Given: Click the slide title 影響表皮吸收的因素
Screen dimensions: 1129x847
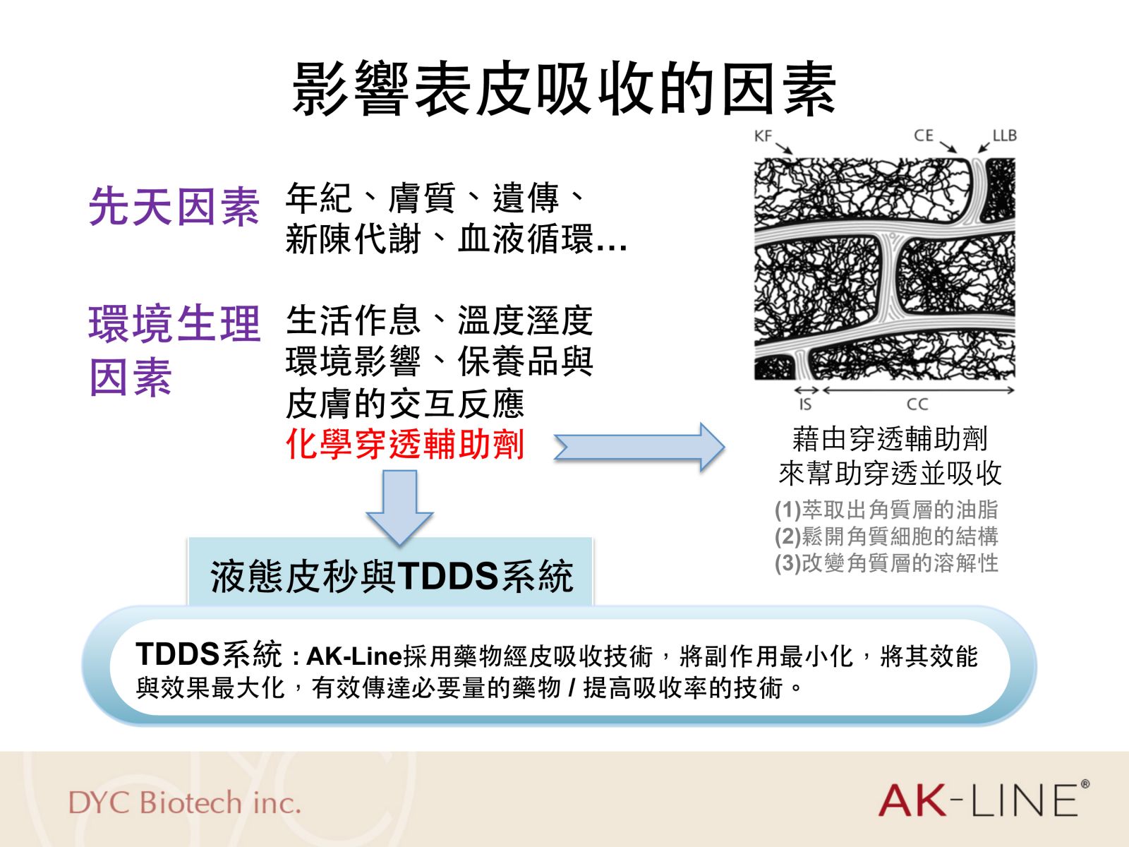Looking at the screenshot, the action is (564, 88).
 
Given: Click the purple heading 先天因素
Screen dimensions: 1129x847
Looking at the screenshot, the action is (174, 206).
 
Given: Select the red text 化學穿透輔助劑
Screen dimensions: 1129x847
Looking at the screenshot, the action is (405, 444).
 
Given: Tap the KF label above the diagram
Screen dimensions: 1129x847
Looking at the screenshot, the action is (763, 136).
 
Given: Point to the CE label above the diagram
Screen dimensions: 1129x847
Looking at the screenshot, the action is (923, 136).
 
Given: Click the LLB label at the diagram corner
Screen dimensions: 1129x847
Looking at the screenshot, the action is (1005, 136).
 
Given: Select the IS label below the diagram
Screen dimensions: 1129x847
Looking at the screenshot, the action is (806, 404).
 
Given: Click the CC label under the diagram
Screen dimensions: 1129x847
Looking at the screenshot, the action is (917, 404).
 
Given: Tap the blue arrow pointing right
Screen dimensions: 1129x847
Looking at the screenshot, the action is (639, 446).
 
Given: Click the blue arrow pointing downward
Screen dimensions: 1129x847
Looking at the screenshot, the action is (400, 507).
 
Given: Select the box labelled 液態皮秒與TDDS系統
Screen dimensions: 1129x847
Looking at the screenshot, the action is (391, 572).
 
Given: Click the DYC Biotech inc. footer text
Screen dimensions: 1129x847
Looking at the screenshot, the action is (185, 803).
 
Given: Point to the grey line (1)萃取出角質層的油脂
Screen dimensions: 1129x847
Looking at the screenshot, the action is (886, 510).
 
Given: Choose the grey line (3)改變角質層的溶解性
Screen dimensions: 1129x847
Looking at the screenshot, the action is (886, 563).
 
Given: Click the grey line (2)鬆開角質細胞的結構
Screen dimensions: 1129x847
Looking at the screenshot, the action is (886, 536).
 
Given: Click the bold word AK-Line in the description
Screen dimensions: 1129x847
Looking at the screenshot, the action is (354, 656).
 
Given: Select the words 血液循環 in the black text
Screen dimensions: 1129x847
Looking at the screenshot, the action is (526, 239).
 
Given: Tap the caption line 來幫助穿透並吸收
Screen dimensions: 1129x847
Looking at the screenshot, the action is (890, 473).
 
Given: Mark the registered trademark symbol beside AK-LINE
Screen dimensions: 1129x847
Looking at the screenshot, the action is (1085, 784).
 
